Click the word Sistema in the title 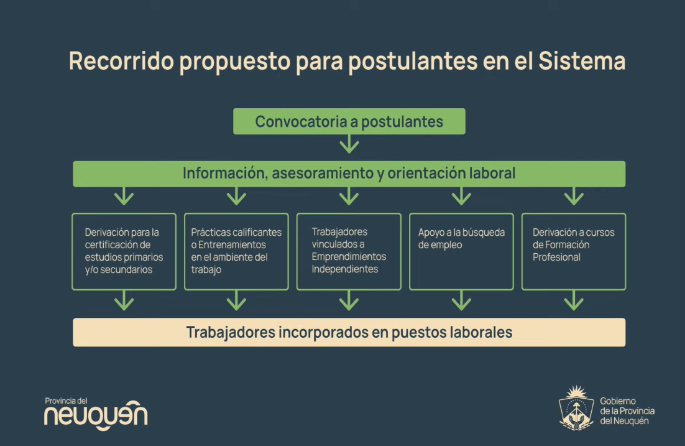point(582,60)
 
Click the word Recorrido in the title point(121,60)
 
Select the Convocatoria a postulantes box point(349,121)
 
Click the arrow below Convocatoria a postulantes point(349,144)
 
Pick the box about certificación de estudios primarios point(124,251)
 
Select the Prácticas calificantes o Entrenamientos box point(236,251)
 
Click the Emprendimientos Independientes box point(349,251)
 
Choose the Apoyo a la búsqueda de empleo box point(461,251)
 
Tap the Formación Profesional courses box point(574,251)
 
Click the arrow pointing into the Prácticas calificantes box point(236,197)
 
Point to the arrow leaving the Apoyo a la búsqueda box point(461,301)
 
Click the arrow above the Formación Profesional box point(574,197)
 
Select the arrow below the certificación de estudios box point(124,301)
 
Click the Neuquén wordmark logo point(96,414)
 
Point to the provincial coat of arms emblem point(577,408)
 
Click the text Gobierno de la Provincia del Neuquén point(627,411)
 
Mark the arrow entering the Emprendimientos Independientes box point(349,197)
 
